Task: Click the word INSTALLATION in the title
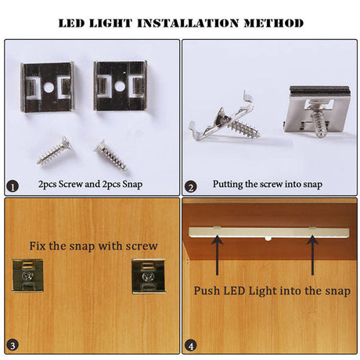(x=188, y=23)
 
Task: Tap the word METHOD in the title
(x=274, y=23)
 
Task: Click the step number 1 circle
(x=13, y=187)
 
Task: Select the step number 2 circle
(x=191, y=187)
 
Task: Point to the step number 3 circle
(x=13, y=345)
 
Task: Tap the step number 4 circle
(x=191, y=345)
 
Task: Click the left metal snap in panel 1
(x=47, y=87)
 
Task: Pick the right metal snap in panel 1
(x=121, y=86)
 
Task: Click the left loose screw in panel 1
(x=54, y=151)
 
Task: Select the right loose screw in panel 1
(x=112, y=156)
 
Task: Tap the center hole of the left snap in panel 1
(x=49, y=88)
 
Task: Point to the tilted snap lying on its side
(x=225, y=119)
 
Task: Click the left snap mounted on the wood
(x=27, y=275)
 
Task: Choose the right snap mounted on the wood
(x=149, y=276)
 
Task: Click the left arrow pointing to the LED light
(x=217, y=255)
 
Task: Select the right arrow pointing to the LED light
(x=312, y=255)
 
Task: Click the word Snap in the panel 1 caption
(x=132, y=185)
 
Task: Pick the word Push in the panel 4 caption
(x=207, y=290)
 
